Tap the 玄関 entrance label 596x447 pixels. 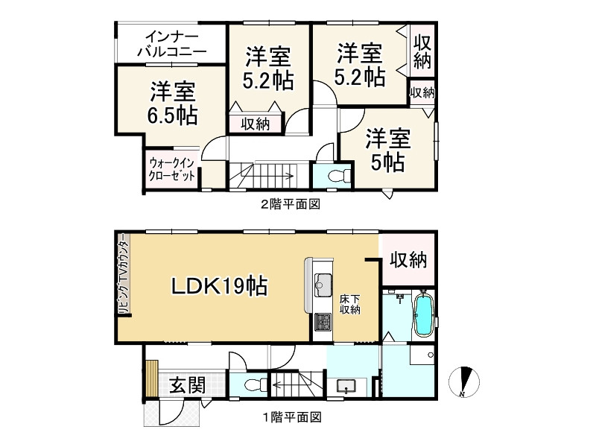coord(186,385)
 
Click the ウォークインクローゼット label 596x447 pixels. coord(172,169)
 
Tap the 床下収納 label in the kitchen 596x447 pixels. coord(350,304)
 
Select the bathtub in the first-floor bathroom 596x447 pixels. coord(423,314)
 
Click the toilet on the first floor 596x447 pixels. coord(255,385)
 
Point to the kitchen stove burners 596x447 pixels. coord(323,322)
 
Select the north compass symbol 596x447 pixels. coord(464,381)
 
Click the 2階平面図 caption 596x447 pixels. coord(290,203)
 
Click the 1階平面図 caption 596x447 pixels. coord(290,418)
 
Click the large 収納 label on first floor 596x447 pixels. coord(408,260)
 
